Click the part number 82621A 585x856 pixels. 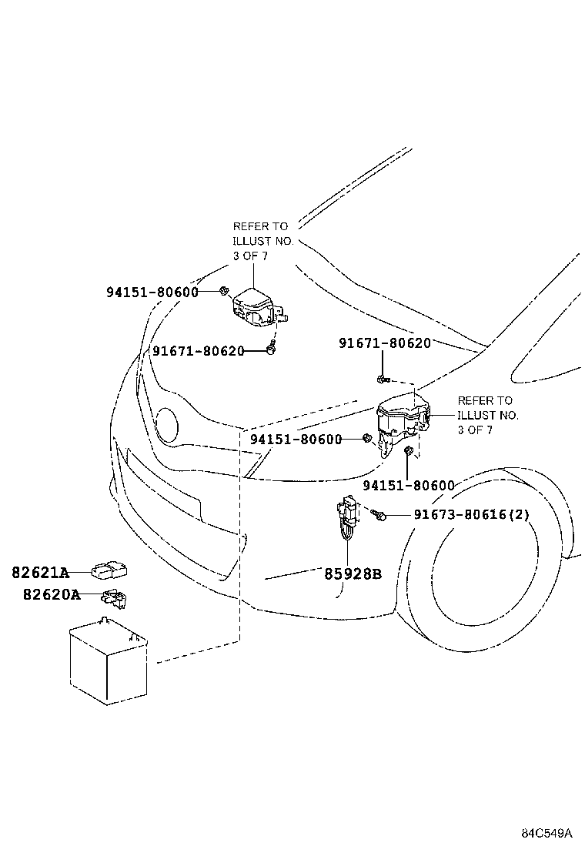(40, 572)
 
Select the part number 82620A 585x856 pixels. (52, 594)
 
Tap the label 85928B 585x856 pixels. (353, 573)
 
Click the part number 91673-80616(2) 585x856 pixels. (472, 514)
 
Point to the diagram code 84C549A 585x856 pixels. (547, 833)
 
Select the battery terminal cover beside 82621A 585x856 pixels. (109, 571)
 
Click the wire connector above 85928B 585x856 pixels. (348, 517)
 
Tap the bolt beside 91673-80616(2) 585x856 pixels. (378, 513)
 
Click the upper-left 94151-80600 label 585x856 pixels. (152, 292)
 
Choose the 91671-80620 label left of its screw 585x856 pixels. (198, 350)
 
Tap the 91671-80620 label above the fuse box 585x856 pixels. (385, 343)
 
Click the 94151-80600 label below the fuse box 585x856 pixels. (409, 485)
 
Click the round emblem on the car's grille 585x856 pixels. (168, 423)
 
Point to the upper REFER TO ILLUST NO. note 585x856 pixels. (263, 241)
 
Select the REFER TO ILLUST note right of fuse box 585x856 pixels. (488, 415)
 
